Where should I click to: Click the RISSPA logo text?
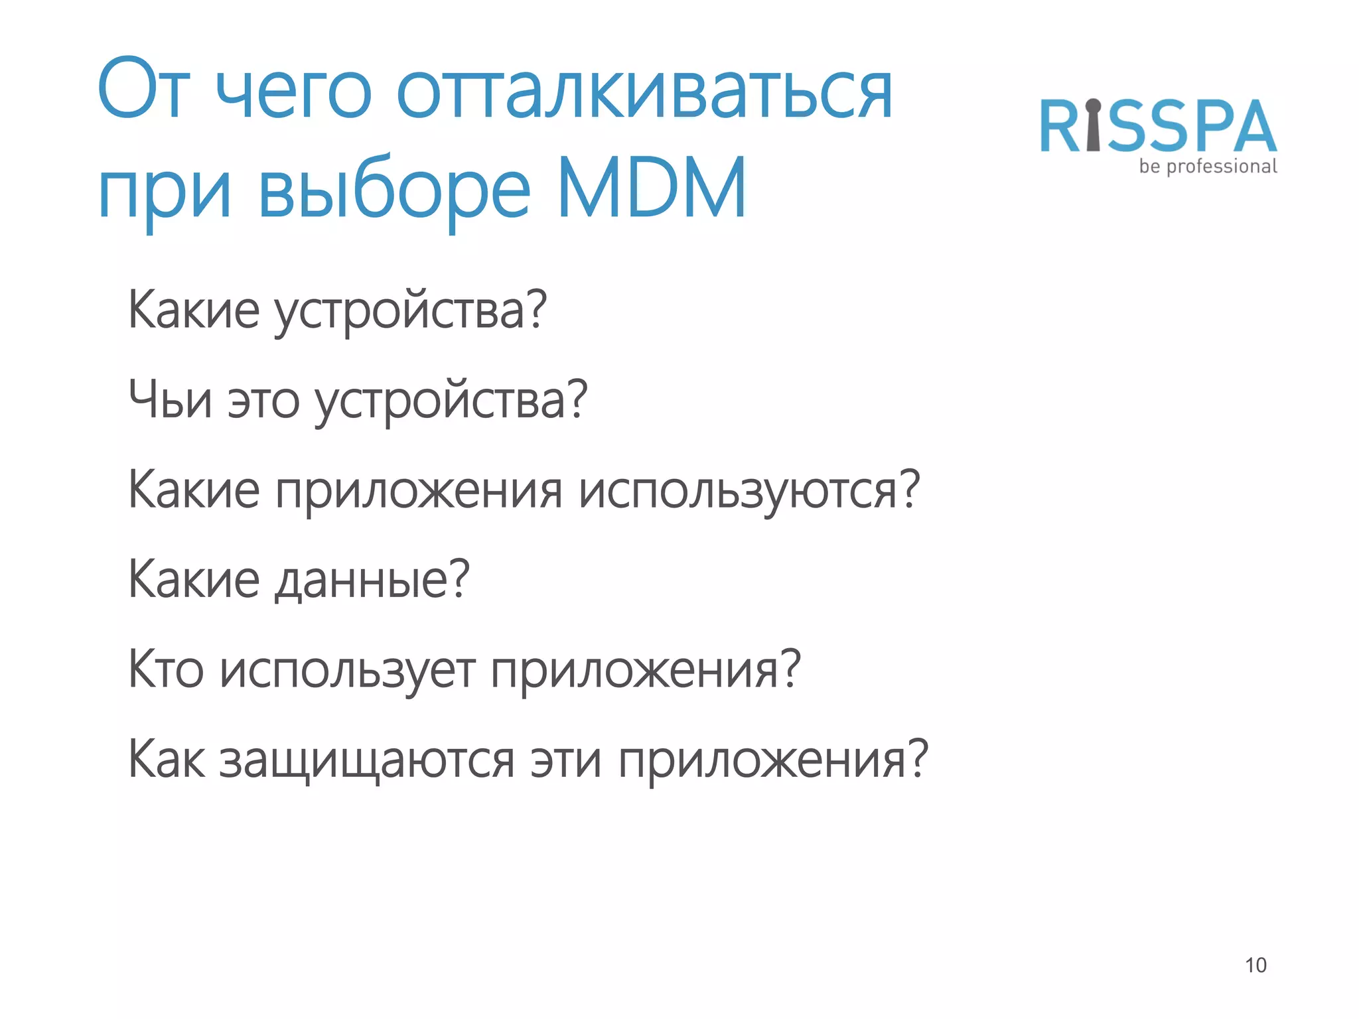(1158, 126)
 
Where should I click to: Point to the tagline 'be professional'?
(1208, 167)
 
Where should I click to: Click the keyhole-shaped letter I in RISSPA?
(1094, 125)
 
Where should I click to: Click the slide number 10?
(1255, 965)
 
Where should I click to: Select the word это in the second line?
(263, 402)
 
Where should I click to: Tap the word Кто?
(165, 669)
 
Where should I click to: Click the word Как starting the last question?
(166, 760)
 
